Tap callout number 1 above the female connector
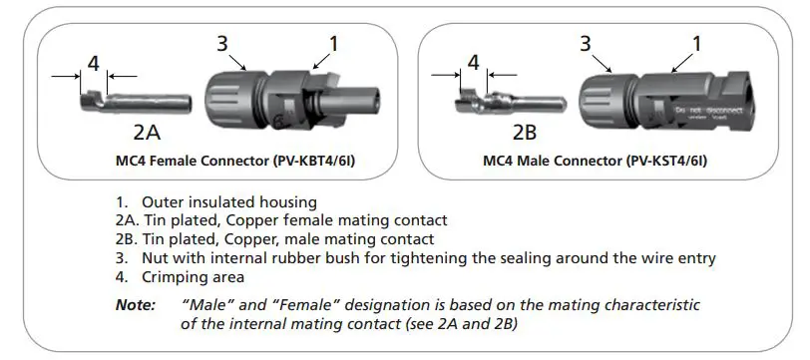click(x=333, y=43)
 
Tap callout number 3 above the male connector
click(x=586, y=44)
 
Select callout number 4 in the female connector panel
click(x=93, y=63)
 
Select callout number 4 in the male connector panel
click(x=473, y=63)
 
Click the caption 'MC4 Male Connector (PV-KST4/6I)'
click(x=596, y=160)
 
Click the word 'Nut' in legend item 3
click(x=155, y=258)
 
